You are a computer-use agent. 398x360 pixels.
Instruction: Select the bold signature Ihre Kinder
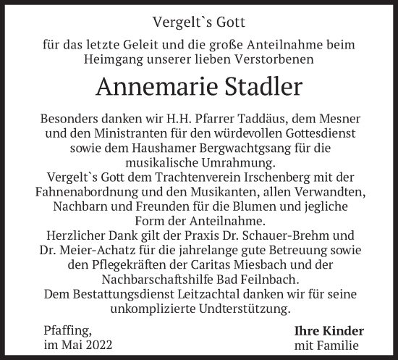(x=329, y=331)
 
